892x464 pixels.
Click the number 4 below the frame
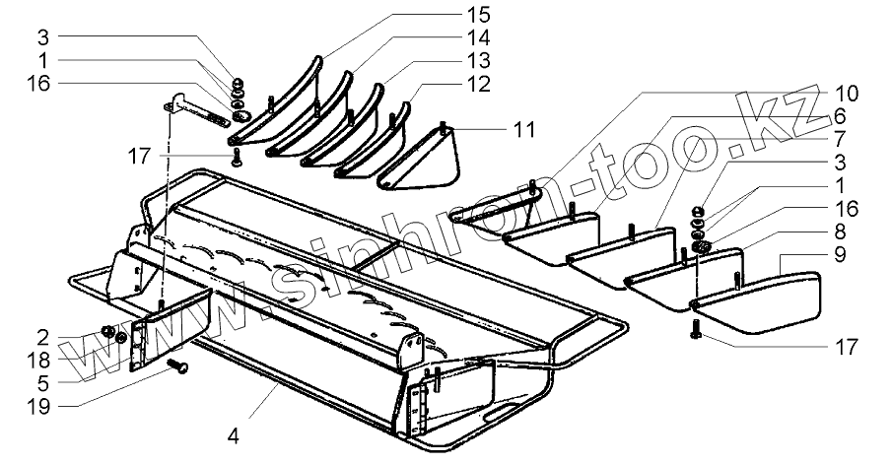click(x=235, y=433)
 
